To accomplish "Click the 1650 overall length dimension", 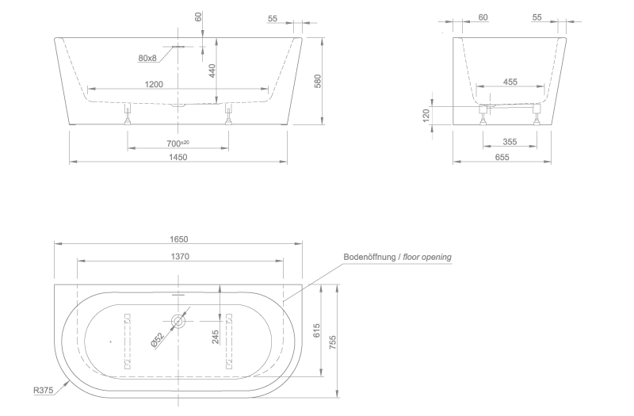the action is (x=179, y=239).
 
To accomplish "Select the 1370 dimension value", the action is (x=180, y=256).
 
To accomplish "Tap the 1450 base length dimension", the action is (x=178, y=157).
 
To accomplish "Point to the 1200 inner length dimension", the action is (x=154, y=84).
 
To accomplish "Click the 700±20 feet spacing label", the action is (x=178, y=143).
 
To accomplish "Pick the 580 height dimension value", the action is (x=318, y=81).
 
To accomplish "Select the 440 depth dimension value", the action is (x=212, y=71).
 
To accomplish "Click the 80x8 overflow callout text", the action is (x=147, y=58).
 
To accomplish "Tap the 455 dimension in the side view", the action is (x=510, y=82).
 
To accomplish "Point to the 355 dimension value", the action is (x=510, y=142).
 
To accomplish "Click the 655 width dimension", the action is (x=502, y=157).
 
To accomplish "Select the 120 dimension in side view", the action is (x=426, y=115).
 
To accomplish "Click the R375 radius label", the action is (x=44, y=391).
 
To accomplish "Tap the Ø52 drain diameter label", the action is (x=157, y=340).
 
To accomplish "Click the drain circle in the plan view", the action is (x=178, y=322).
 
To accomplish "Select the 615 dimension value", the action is (x=316, y=330).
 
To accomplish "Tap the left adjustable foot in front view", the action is (x=128, y=115).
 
